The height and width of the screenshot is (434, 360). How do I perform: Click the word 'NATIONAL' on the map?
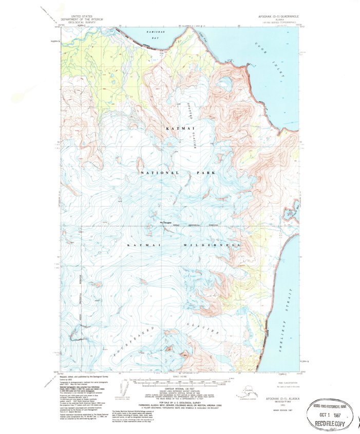coord(159,173)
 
